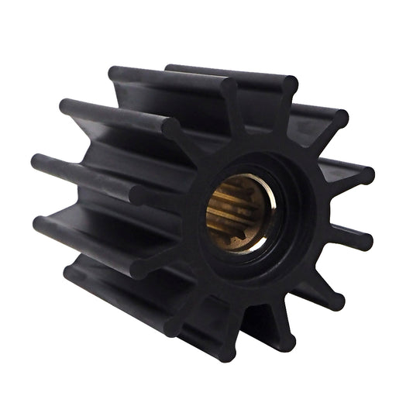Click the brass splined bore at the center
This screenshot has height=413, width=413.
(236, 212)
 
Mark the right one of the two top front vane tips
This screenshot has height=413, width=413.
(288, 83)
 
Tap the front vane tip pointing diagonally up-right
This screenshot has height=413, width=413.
(339, 118)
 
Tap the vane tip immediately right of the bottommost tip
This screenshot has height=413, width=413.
(286, 341)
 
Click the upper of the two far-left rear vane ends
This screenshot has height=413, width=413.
(38, 163)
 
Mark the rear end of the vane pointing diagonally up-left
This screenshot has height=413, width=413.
(66, 105)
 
